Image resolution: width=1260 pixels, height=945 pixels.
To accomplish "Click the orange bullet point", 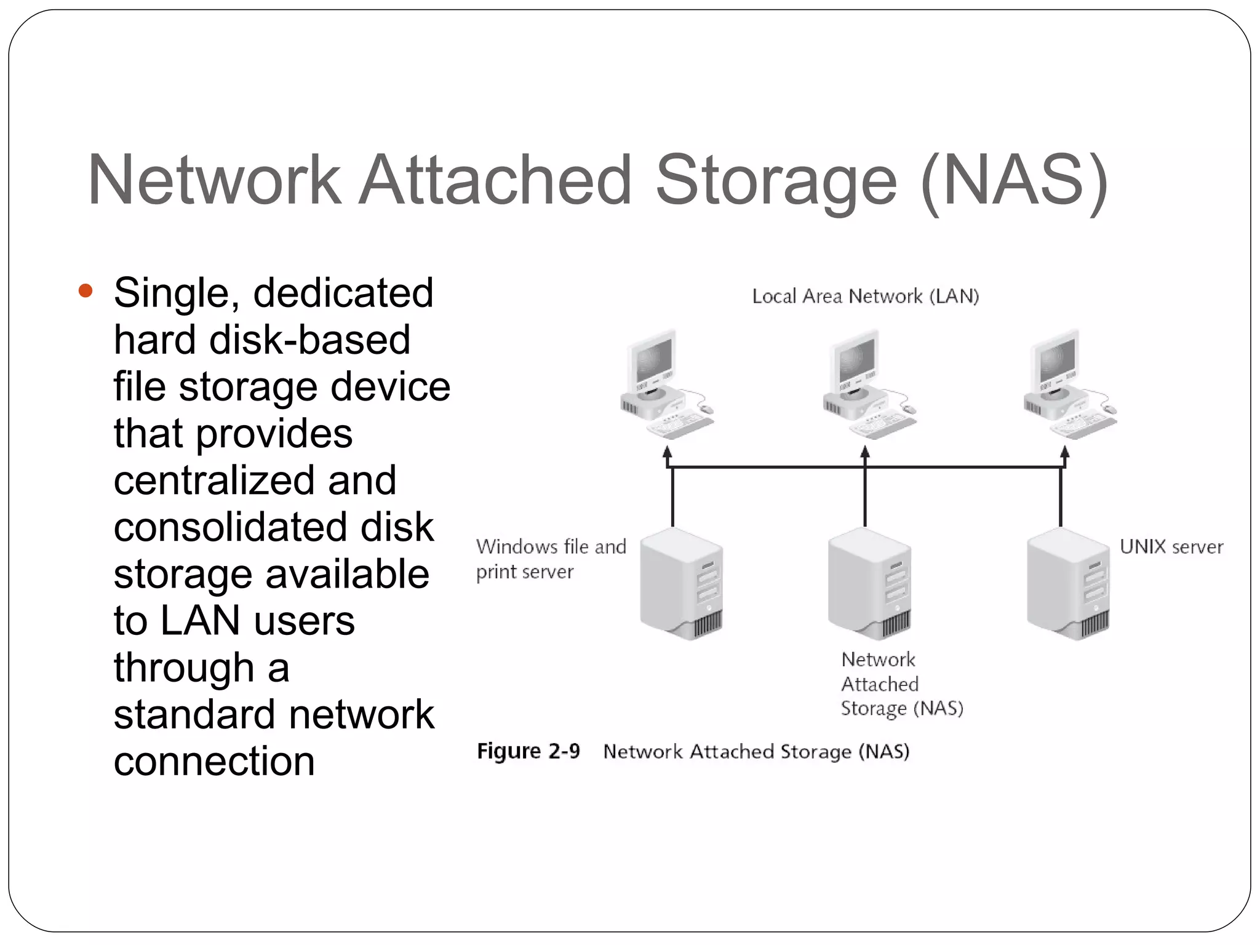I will coord(86,291).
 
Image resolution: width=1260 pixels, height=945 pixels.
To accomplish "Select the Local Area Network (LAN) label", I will coord(865,297).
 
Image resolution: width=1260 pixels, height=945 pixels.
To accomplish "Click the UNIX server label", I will coord(1171,546).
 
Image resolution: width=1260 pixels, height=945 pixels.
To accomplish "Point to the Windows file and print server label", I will coord(550,559).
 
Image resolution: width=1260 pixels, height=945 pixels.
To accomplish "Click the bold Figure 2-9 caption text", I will coord(528,751).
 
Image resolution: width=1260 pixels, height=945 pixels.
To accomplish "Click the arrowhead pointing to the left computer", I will coord(668,455).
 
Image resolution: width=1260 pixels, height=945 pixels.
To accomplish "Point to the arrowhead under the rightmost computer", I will coord(1065,455).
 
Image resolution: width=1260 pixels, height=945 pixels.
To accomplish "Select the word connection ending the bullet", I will coord(214,762).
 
